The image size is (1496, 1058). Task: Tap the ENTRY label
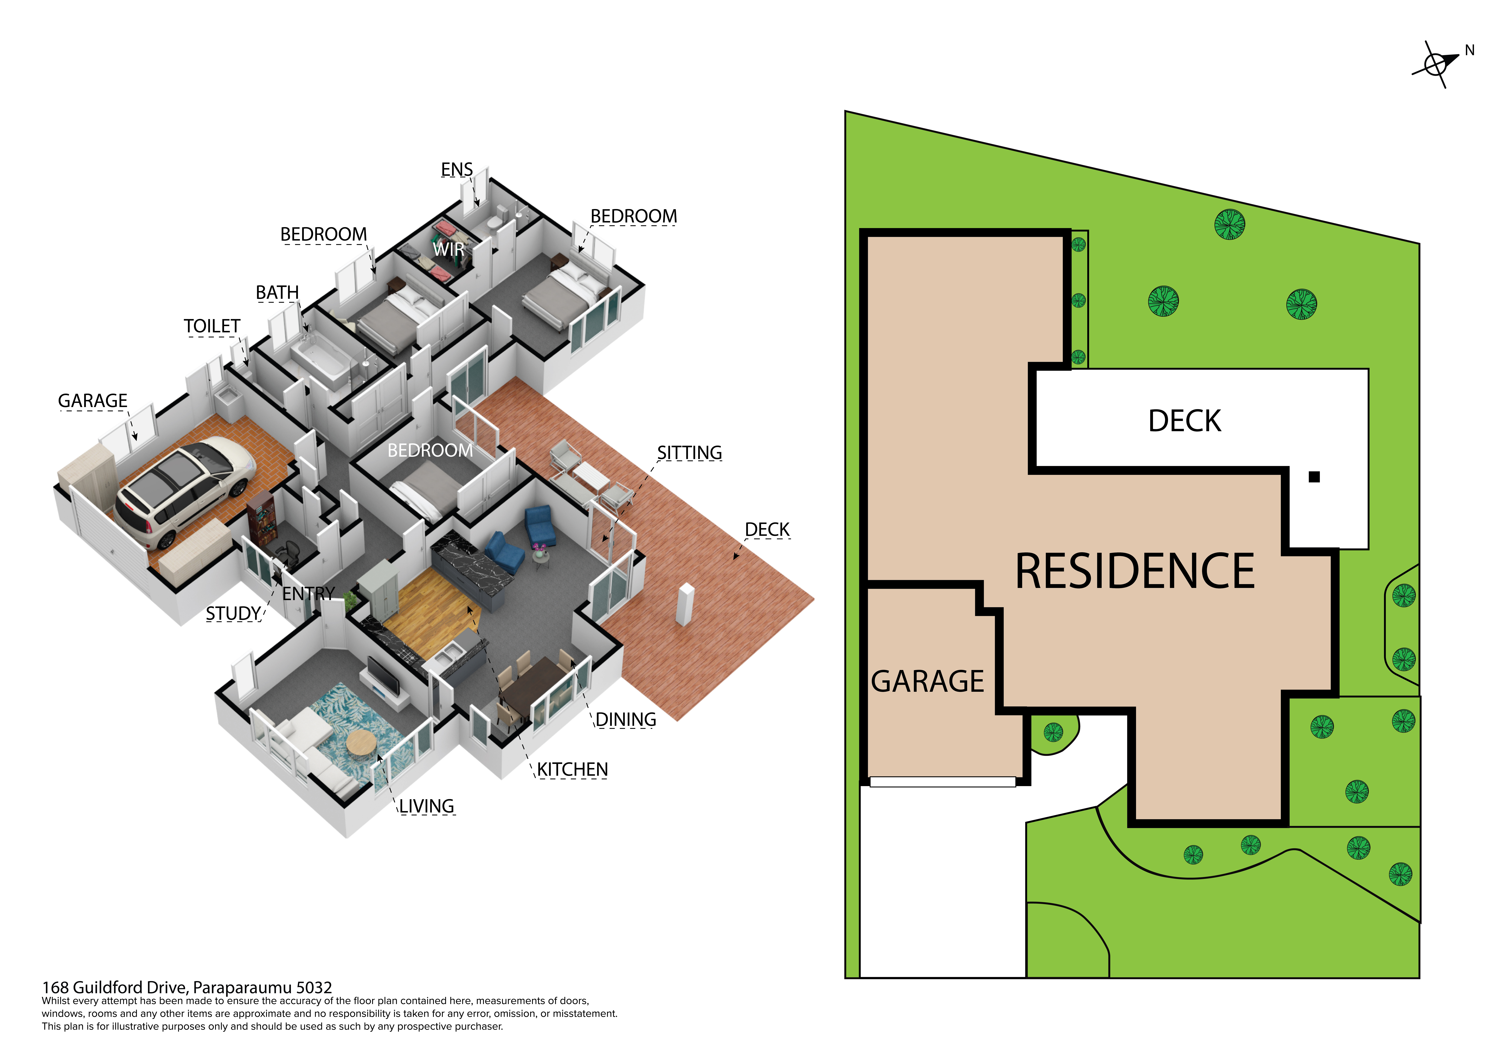[x=308, y=594]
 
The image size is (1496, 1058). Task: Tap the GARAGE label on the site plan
[x=927, y=682]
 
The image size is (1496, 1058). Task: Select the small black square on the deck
[x=1314, y=477]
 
